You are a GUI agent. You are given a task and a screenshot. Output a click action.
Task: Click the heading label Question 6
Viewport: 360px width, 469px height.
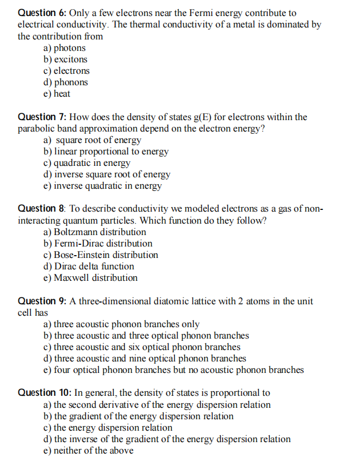(x=42, y=13)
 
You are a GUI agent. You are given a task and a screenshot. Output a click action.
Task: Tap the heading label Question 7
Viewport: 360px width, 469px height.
(x=42, y=117)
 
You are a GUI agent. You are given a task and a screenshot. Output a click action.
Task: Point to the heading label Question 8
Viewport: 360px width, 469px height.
(x=42, y=209)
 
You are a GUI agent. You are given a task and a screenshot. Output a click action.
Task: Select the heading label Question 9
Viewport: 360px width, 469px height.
(x=42, y=301)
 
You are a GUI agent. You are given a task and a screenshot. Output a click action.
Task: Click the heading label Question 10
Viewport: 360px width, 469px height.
(x=44, y=393)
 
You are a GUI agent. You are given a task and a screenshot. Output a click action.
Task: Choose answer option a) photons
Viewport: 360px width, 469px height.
(x=65, y=48)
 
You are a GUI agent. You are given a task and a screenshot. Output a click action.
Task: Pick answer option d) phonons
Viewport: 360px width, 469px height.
(x=66, y=82)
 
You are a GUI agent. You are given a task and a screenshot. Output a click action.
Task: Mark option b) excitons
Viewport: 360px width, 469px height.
(x=66, y=59)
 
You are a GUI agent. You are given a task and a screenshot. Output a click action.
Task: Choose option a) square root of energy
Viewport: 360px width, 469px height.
(x=92, y=140)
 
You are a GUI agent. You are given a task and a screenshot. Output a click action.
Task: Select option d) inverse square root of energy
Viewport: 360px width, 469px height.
(x=107, y=174)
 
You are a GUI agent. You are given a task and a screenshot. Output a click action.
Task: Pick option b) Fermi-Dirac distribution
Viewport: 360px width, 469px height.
(x=98, y=244)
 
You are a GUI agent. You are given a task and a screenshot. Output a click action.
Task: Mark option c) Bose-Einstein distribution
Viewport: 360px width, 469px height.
(x=101, y=255)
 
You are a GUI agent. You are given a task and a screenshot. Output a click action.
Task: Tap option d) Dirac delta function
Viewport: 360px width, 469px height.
(x=89, y=267)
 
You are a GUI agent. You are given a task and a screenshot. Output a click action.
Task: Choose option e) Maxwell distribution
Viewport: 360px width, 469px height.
(x=90, y=278)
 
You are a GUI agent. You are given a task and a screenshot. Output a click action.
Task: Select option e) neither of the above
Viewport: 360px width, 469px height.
(x=89, y=451)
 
